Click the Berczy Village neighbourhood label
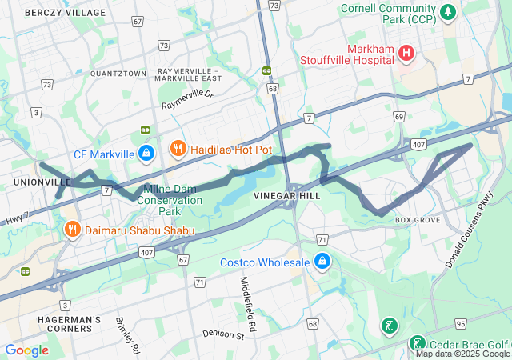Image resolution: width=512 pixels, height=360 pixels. [65, 13]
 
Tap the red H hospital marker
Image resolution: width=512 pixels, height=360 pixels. [407, 53]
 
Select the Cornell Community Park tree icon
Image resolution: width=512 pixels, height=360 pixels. [449, 12]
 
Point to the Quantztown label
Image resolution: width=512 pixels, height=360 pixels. [118, 73]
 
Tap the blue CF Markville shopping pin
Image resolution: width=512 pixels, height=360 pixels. [146, 152]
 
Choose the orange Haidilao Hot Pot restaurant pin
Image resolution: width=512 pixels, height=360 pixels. [178, 149]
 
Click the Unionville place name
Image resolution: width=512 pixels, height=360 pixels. [37, 182]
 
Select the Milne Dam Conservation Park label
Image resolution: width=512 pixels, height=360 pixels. [169, 200]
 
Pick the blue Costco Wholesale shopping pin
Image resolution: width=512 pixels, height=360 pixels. [322, 262]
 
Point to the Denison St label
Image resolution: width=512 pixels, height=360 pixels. [222, 334]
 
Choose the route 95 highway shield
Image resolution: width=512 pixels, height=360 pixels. [482, 324]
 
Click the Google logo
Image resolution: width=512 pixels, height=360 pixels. [26, 350]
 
